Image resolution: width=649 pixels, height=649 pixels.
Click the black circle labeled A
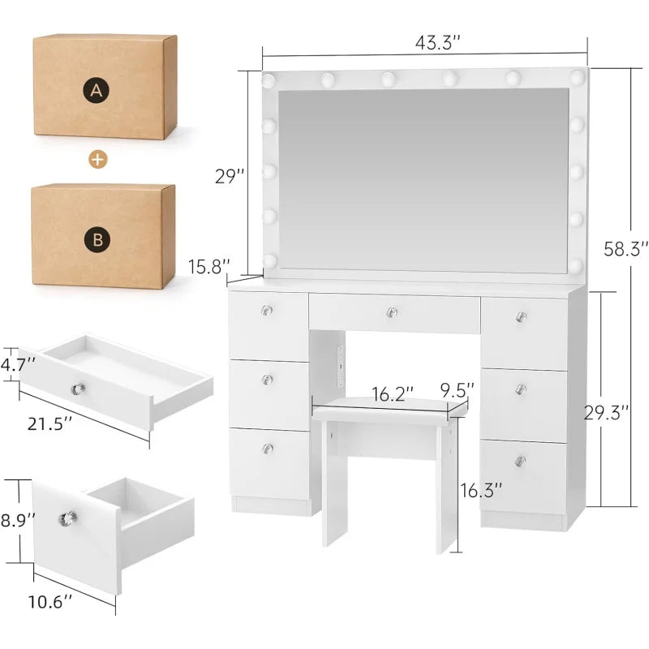click(x=96, y=90)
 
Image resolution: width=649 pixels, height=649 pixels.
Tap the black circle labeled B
click(x=97, y=239)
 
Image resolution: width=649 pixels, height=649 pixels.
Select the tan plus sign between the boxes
click(x=97, y=159)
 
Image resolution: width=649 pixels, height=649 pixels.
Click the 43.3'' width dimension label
click(x=437, y=43)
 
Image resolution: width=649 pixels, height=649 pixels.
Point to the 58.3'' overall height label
click(x=625, y=249)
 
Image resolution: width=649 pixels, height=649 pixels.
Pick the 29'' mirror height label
click(x=230, y=176)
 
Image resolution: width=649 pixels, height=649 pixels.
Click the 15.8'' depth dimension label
click(x=209, y=267)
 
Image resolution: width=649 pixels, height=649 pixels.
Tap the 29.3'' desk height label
click(x=606, y=412)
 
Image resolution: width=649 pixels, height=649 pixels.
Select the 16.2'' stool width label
click(x=393, y=394)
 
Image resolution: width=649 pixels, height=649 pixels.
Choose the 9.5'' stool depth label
click(x=457, y=389)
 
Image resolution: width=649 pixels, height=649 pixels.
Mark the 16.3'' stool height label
click(x=481, y=490)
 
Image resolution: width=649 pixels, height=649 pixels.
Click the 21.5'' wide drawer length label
click(x=50, y=423)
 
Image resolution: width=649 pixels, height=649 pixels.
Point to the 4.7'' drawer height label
click(x=18, y=365)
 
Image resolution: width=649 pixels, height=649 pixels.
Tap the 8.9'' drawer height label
click(x=18, y=520)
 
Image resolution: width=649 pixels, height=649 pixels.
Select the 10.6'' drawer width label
click(x=50, y=601)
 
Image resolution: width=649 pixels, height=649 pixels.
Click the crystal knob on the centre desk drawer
click(x=392, y=312)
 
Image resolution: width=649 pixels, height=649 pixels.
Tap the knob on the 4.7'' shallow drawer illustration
click(x=78, y=389)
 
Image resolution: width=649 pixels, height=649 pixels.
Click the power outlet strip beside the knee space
click(x=341, y=367)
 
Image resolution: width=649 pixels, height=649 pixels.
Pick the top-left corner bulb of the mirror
click(x=269, y=80)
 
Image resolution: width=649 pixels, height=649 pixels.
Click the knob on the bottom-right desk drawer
click(x=521, y=460)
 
